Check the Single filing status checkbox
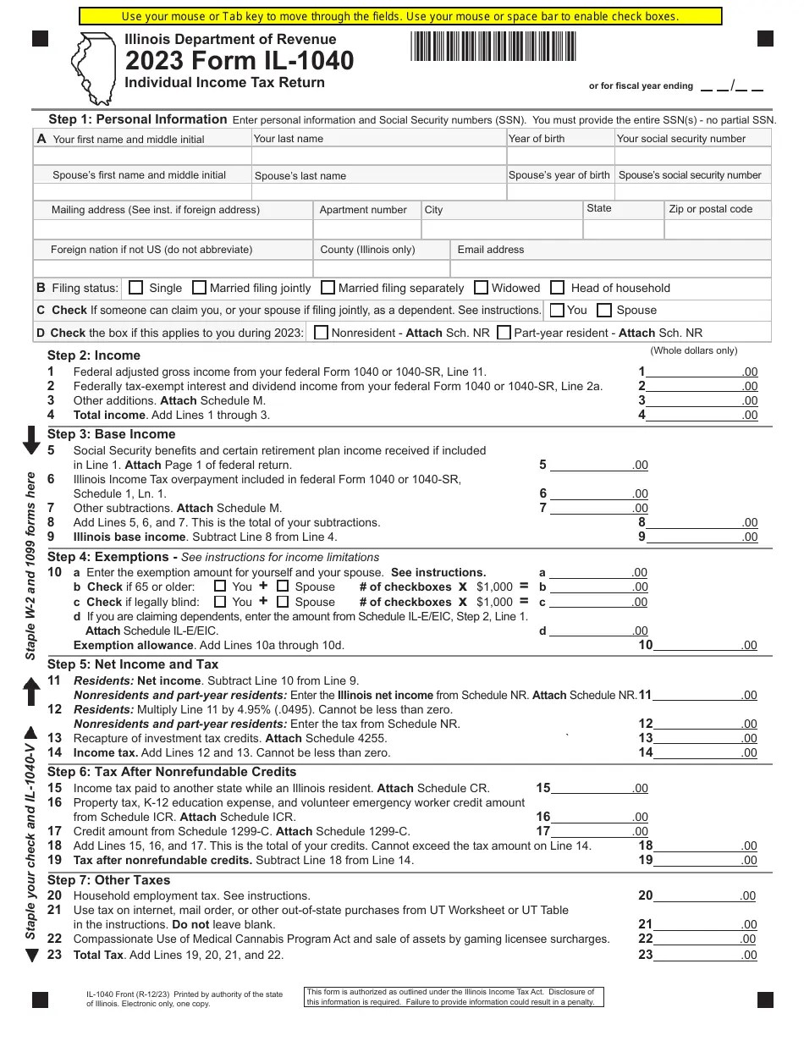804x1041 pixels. pyautogui.click(x=136, y=288)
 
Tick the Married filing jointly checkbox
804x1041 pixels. pyautogui.click(x=200, y=288)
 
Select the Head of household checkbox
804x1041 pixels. pyautogui.click(x=558, y=288)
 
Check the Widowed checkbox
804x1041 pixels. pyautogui.click(x=482, y=288)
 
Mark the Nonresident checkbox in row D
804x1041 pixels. pyautogui.click(x=321, y=333)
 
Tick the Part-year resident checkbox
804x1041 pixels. pyautogui.click(x=504, y=333)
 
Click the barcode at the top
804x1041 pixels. pyautogui.click(x=493, y=46)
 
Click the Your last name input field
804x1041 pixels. pyautogui.click(x=378, y=157)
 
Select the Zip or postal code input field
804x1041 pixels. pyautogui.click(x=718, y=229)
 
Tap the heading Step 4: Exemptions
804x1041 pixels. pyautogui.click(x=108, y=557)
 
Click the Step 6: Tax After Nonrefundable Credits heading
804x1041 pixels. pyautogui.click(x=172, y=772)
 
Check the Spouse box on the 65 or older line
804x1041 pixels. pyautogui.click(x=284, y=586)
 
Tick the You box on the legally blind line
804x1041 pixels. pyautogui.click(x=220, y=602)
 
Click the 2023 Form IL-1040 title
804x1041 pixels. pyautogui.click(x=240, y=61)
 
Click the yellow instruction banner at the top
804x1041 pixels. pyautogui.click(x=400, y=16)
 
